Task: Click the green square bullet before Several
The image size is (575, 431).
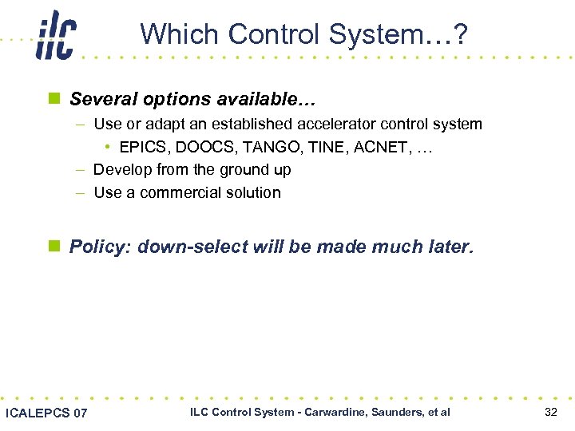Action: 54,100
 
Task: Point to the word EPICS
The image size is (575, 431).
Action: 143,147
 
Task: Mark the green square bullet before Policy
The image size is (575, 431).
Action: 54,247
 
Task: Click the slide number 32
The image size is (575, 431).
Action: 550,412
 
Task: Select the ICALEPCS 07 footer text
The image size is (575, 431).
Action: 46,413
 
